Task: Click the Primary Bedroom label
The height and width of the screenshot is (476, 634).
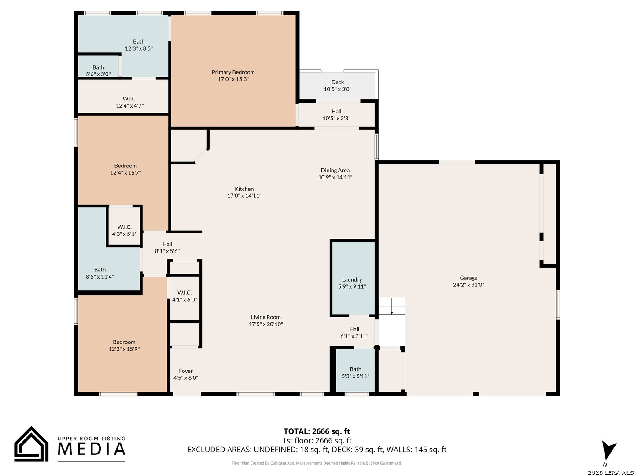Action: (x=233, y=72)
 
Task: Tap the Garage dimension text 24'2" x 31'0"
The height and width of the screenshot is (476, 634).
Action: (x=468, y=285)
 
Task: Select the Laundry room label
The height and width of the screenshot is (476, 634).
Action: (x=352, y=279)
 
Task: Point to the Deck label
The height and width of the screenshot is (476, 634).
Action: (x=337, y=82)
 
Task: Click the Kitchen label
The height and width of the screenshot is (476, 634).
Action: (x=244, y=189)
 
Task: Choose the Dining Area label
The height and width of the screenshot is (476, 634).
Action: (x=335, y=170)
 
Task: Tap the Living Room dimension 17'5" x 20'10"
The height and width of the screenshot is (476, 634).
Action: (x=266, y=324)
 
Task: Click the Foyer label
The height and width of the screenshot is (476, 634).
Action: (x=185, y=371)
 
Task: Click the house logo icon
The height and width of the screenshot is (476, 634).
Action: (x=31, y=444)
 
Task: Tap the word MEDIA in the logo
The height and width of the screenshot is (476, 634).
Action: (x=92, y=449)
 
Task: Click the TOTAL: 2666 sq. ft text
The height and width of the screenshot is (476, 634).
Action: (x=317, y=431)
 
